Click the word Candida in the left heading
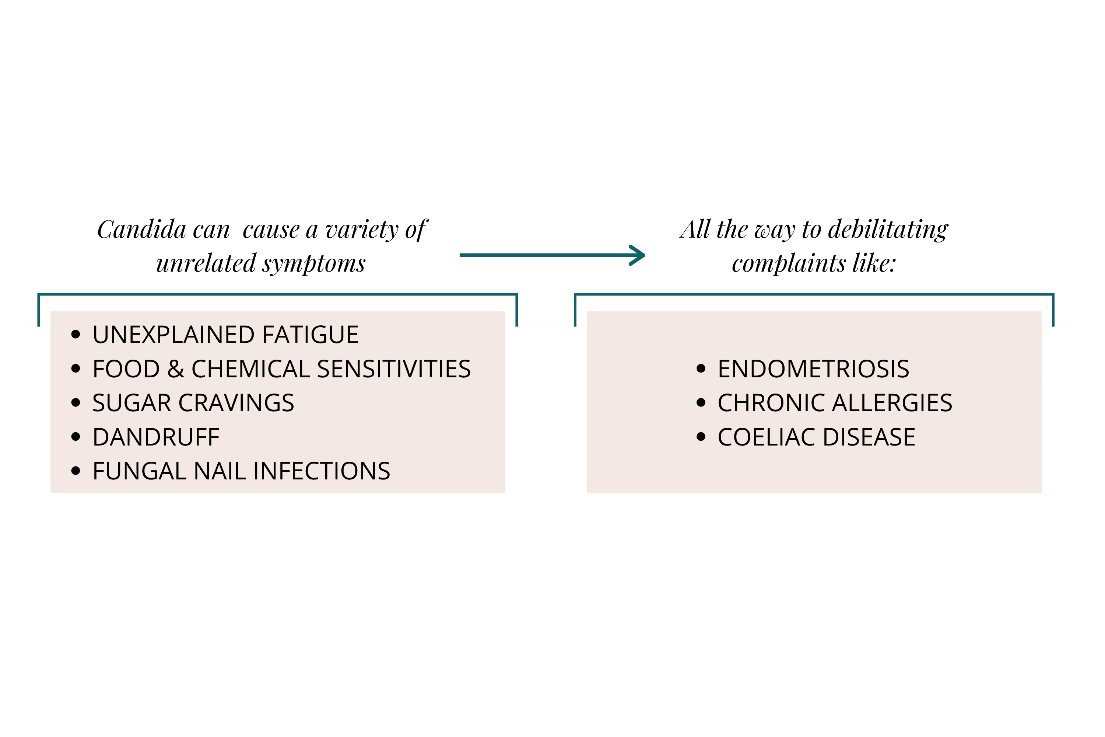pyautogui.click(x=141, y=230)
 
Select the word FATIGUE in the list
pyautogui.click(x=310, y=335)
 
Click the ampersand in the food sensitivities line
pyautogui.click(x=175, y=369)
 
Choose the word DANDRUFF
pyautogui.click(x=156, y=437)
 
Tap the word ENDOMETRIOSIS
pyautogui.click(x=813, y=369)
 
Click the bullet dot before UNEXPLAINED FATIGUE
pyautogui.click(x=76, y=335)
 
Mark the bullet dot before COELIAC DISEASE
pyautogui.click(x=701, y=437)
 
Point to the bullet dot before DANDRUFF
pyautogui.click(x=76, y=437)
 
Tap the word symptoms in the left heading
pyautogui.click(x=313, y=263)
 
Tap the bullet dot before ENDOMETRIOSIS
pyautogui.click(x=701, y=369)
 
